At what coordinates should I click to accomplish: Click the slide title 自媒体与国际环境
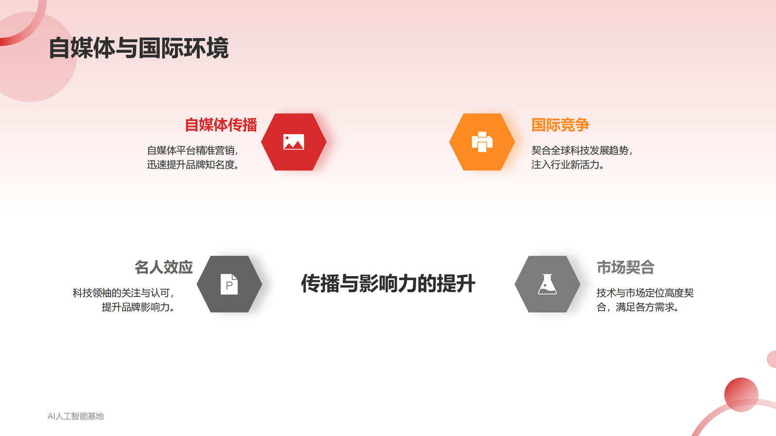click(138, 48)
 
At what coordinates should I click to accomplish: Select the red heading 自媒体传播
click(221, 125)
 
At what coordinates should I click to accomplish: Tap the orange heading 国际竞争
click(560, 125)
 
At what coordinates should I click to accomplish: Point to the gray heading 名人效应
click(163, 267)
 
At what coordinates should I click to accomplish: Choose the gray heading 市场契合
click(625, 267)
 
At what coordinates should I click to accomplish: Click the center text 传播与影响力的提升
click(388, 284)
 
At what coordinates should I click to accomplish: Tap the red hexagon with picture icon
click(293, 142)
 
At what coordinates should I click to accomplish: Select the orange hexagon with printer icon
click(482, 142)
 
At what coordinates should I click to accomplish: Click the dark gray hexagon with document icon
click(229, 284)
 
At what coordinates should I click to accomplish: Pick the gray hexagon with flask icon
click(547, 284)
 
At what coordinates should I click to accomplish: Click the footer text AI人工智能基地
click(76, 416)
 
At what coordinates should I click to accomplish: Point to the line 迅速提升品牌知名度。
click(194, 165)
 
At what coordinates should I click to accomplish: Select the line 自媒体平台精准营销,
click(193, 151)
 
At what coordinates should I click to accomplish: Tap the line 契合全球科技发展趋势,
click(582, 151)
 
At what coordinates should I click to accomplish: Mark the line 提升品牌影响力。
click(139, 307)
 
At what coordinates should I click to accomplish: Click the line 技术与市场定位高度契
click(645, 293)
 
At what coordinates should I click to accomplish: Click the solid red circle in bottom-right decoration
click(741, 394)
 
